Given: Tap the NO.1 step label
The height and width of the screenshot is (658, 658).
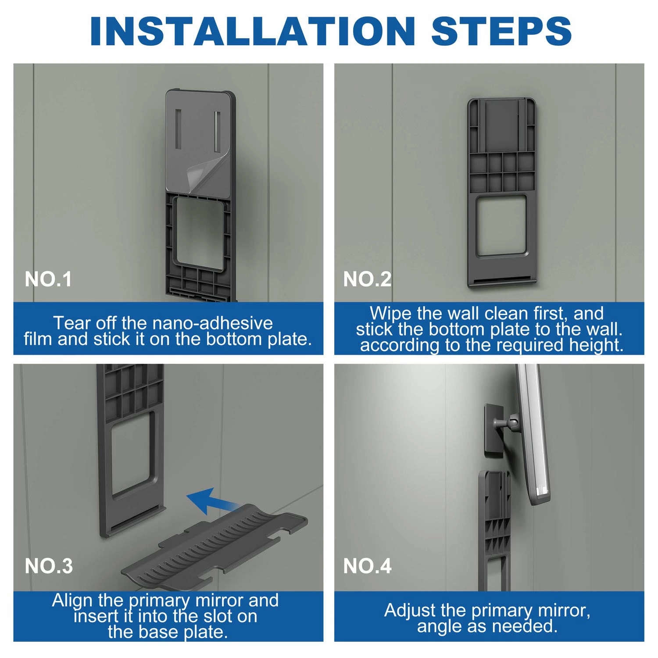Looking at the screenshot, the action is [48, 279].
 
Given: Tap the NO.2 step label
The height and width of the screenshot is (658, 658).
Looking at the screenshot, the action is [367, 279].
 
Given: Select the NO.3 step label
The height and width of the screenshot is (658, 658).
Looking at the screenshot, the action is [49, 566].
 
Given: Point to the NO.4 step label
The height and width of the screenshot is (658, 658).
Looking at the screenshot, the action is [367, 566].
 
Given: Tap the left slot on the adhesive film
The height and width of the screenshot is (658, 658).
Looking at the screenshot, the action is [178, 129].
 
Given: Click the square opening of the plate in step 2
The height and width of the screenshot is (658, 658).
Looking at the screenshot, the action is [501, 225].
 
